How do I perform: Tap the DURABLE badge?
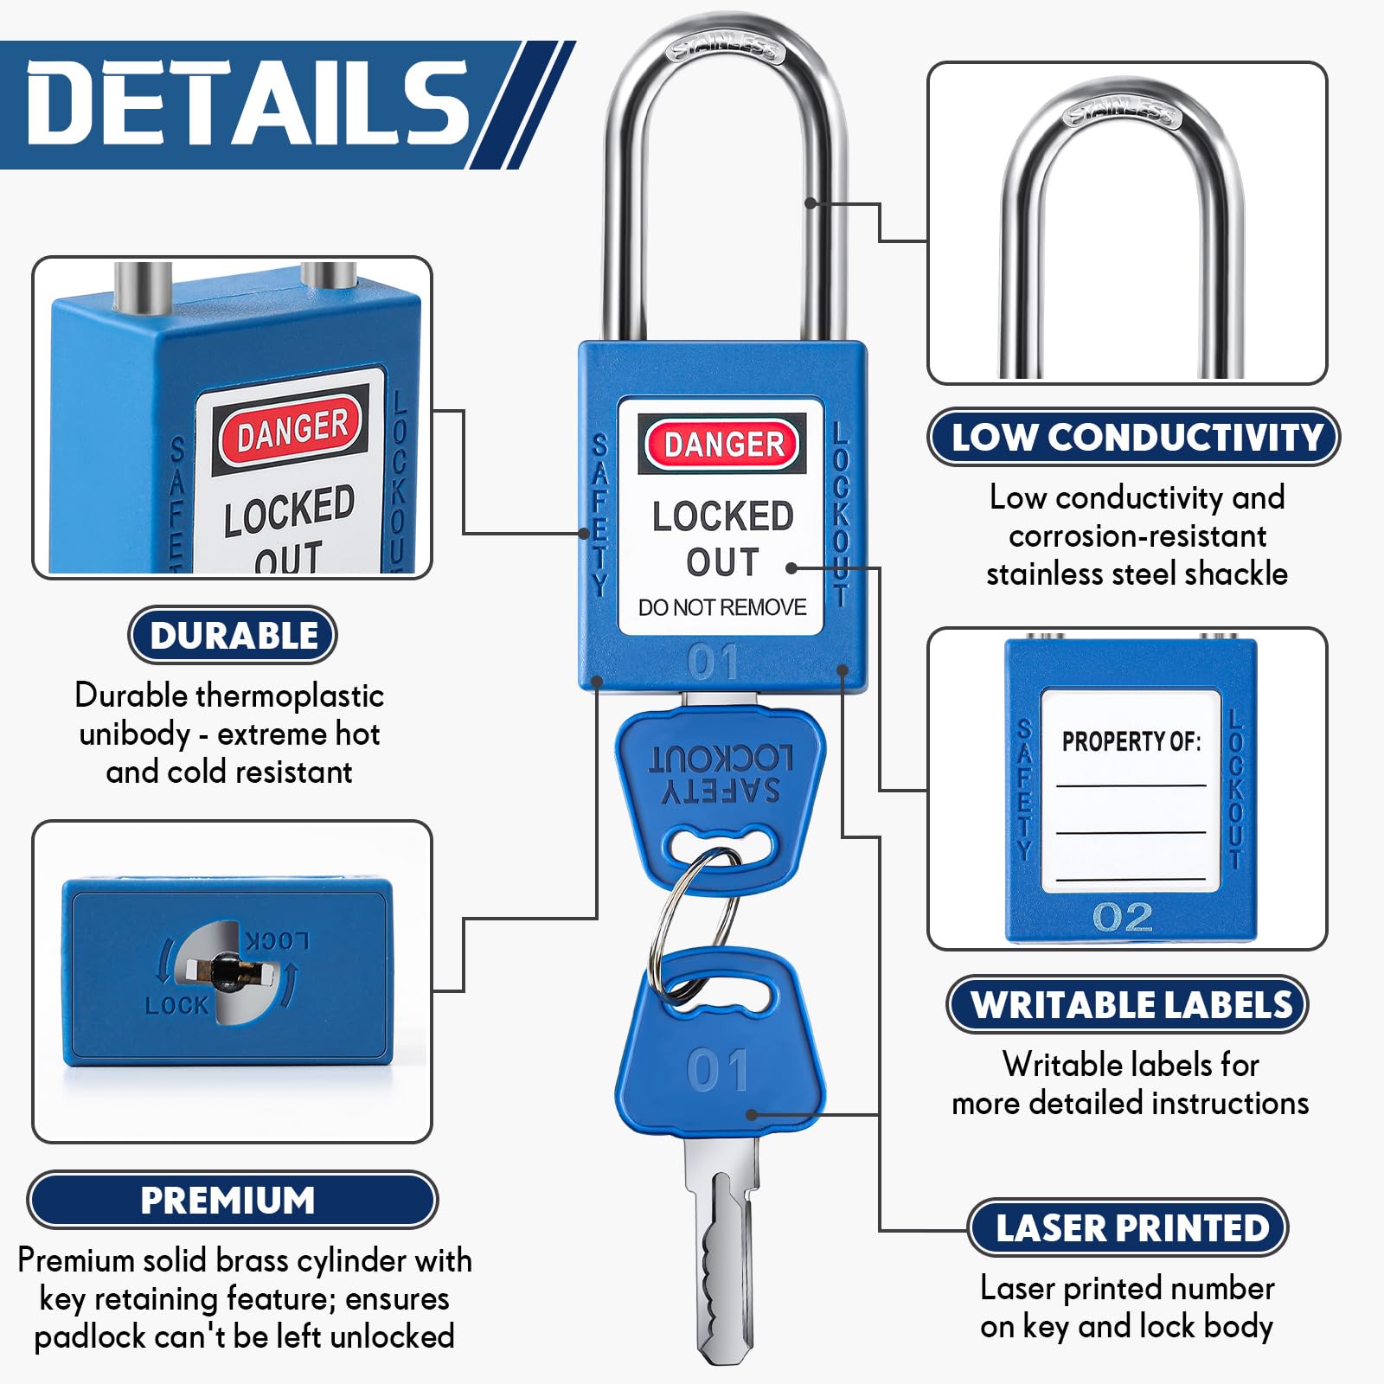(233, 635)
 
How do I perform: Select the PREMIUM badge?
(232, 1200)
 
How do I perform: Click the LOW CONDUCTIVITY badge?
(1134, 437)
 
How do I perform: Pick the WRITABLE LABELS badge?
(1128, 1004)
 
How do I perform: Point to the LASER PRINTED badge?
(1128, 1227)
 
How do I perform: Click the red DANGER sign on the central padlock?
(723, 444)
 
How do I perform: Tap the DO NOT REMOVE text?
(722, 607)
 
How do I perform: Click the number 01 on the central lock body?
(714, 662)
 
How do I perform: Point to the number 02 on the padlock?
(1123, 917)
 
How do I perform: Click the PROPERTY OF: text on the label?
(1131, 741)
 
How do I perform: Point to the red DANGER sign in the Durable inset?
(292, 429)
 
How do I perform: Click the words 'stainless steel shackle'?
(1137, 573)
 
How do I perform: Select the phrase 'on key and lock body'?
(1126, 1326)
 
